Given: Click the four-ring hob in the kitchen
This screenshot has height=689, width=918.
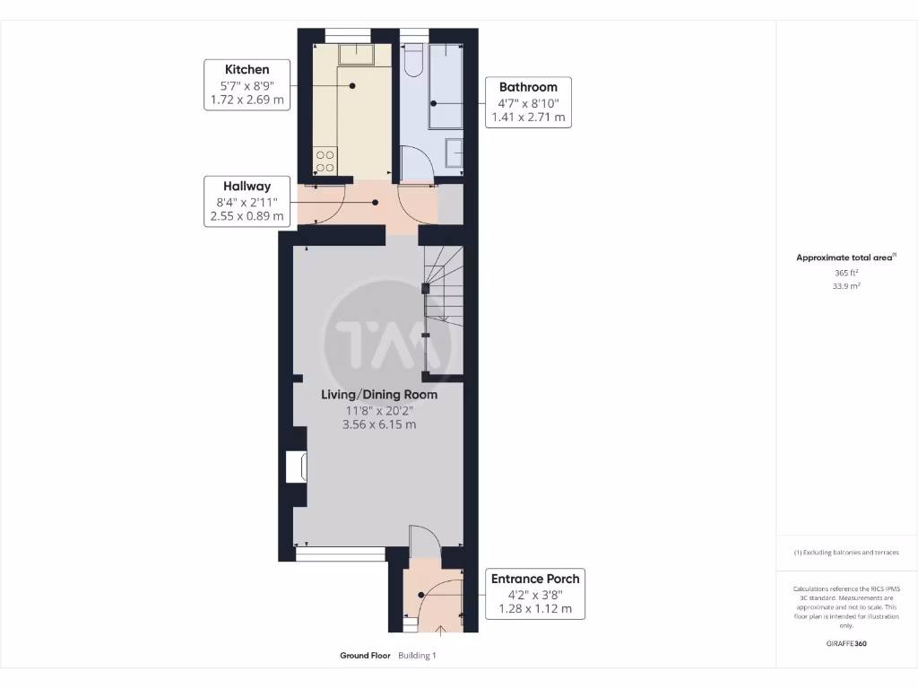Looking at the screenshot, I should pos(325,161).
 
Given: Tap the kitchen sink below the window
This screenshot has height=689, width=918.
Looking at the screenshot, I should pos(355,55).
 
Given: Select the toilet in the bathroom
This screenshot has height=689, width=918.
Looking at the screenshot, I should pos(413,59).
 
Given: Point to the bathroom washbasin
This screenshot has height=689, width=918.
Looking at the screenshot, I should pos(454,155).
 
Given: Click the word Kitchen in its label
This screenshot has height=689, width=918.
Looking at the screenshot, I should pos(247,69).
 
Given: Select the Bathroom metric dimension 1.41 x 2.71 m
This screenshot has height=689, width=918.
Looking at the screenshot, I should pos(528,117).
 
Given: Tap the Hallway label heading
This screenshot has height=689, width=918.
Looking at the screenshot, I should pos(247,186).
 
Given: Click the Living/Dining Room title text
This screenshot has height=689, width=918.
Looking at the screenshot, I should pos(379,394).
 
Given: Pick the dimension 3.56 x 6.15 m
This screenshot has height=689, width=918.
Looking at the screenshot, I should pos(379,425).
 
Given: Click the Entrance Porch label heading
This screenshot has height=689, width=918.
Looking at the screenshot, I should pos(535,579).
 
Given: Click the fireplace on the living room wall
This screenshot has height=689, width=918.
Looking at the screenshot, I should pos(296,467).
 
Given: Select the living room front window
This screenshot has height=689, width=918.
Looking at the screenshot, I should pos(340,555).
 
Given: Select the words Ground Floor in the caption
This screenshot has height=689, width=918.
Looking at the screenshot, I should pos(365,656).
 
